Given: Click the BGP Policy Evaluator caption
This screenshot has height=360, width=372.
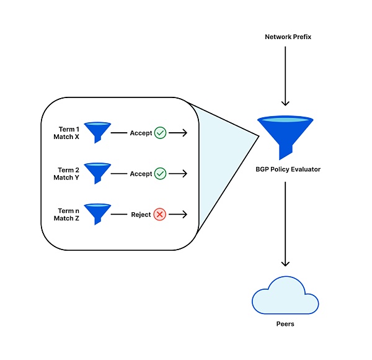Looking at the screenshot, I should pos(288,169).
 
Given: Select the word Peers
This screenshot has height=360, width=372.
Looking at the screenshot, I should pos(285,324).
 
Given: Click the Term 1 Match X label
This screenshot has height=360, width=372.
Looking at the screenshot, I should pos(66,132).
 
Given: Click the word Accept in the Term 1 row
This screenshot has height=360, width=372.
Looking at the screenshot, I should pos(141,133).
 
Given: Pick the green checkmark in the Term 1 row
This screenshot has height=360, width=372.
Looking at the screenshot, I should pos(160,133).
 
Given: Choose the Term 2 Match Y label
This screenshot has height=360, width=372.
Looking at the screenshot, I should pos(66,174).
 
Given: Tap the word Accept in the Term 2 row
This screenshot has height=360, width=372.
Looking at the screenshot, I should pos(141,174).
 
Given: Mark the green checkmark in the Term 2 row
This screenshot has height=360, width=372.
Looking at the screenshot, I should pos(160,174).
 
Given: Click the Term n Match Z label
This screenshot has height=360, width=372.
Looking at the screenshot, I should pos(66,215).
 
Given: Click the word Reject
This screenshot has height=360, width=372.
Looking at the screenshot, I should pos(141,215).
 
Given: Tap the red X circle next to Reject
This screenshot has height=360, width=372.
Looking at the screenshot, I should pos(160,215).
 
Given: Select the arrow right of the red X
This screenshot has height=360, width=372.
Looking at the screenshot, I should pos(178,215).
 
